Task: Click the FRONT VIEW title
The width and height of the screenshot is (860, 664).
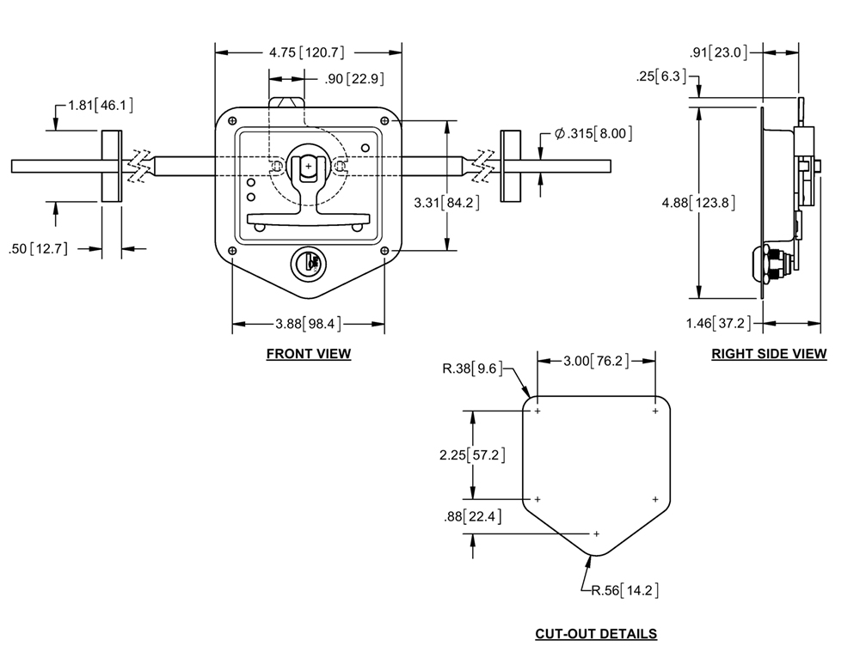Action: coord(308,354)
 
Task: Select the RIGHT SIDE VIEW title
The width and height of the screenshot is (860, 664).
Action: coord(768,354)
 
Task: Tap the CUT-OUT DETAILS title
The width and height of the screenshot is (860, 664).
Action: coord(596,634)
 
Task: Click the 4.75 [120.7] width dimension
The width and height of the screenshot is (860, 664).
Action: coord(307,52)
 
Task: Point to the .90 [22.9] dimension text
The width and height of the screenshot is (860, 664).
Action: coord(354,79)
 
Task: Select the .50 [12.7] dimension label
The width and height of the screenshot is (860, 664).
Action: coord(39,249)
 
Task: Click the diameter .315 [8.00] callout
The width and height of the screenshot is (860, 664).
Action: coord(593,133)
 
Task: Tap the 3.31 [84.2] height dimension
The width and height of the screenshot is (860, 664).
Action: coord(446,203)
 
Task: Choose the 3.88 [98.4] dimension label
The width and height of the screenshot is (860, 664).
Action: coord(308,324)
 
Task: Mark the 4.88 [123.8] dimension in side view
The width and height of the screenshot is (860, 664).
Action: coord(698,203)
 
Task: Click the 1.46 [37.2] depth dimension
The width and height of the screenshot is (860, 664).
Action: coord(718,323)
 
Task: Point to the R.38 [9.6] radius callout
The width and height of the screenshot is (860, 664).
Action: coord(472,369)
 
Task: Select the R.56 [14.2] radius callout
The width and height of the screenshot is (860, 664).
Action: coord(624,591)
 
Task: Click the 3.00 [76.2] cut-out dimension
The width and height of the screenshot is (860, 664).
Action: coord(596,361)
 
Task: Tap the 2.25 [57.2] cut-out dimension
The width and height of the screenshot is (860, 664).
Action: coord(472,454)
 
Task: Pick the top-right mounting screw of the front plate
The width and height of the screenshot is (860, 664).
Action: coord(385,120)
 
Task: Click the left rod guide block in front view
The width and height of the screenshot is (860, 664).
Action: coord(112,166)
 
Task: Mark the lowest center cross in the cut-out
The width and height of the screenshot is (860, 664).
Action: coord(596,533)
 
